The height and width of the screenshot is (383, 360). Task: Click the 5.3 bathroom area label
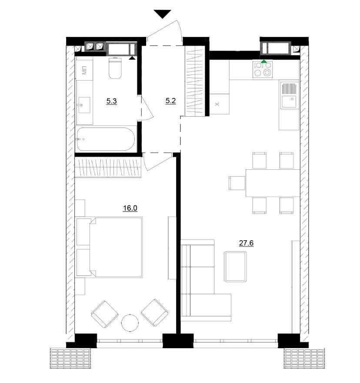point(112,101)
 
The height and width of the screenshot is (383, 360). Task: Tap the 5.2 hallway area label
point(170,101)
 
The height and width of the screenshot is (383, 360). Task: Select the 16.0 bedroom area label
point(130,208)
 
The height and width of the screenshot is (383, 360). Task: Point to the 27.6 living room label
point(246,243)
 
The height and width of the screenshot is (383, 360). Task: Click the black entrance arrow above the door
point(163,14)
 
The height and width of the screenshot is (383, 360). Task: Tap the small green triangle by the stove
point(264,61)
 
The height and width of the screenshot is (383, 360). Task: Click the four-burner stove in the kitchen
point(263,69)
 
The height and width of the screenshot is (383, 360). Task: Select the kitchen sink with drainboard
point(289,95)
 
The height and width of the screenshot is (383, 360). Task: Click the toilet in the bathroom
point(115,68)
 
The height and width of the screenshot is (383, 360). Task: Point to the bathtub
point(106,139)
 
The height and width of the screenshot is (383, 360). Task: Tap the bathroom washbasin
point(84,105)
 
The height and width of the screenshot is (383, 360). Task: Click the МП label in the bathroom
point(84,71)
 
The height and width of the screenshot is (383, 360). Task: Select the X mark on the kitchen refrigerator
point(217,104)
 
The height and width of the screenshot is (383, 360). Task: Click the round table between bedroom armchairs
point(130,323)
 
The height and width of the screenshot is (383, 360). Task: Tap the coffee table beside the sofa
point(235,266)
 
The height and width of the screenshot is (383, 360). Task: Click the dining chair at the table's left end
point(237,183)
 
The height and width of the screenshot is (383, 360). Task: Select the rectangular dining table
point(273,183)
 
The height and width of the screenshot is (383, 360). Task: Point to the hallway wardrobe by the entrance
point(195,81)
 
